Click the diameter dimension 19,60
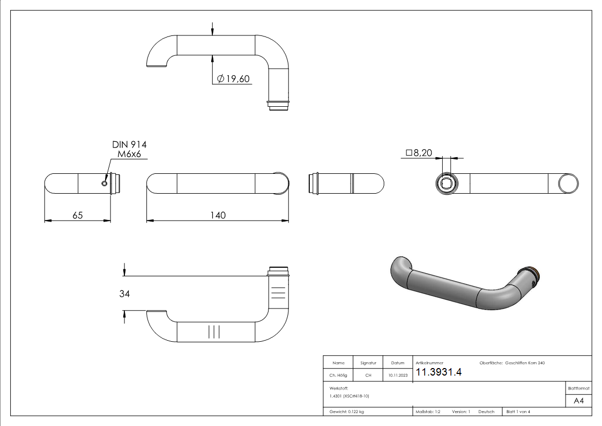point(234,79)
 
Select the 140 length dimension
point(218,215)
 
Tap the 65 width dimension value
point(77,215)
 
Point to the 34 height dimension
point(124,293)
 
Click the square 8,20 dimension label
point(419,153)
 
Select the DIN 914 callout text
point(129,145)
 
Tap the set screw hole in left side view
point(105,183)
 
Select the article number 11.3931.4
point(439,372)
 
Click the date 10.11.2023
point(397,376)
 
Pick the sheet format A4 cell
point(578,401)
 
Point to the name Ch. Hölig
point(338,376)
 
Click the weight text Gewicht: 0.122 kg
point(347,412)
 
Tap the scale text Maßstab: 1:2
point(428,412)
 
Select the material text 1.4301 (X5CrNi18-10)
point(350,396)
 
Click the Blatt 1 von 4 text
point(518,412)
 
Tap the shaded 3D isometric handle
point(461,284)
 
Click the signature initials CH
point(368,376)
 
